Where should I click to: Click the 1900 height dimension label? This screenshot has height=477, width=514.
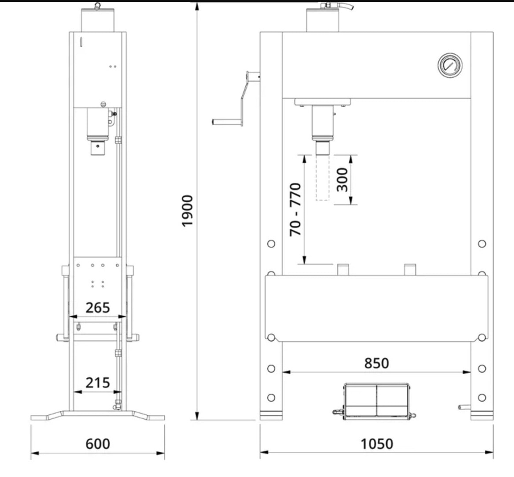188,211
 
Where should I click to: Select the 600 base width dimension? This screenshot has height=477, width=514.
98,444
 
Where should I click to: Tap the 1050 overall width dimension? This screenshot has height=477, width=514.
377,444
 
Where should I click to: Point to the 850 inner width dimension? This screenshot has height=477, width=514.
377,363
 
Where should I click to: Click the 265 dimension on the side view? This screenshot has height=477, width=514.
98,308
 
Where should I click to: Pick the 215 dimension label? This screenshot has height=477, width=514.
98,383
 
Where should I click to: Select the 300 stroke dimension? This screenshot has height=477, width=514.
342,179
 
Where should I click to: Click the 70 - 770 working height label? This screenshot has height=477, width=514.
296,210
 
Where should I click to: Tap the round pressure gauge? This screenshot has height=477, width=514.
450,65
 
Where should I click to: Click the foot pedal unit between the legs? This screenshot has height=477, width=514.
376,401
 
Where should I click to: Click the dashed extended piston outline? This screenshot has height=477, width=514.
322,178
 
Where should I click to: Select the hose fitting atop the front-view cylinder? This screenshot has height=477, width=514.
337,6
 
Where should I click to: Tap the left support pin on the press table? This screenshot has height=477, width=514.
343,269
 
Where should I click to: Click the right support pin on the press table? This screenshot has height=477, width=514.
410,269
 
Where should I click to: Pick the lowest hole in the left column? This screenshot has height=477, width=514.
271,398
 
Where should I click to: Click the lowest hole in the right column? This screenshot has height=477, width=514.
482,398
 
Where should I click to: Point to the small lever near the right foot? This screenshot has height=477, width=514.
464,407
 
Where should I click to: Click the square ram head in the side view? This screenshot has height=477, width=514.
98,148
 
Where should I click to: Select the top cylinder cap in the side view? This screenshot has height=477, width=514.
98,20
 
